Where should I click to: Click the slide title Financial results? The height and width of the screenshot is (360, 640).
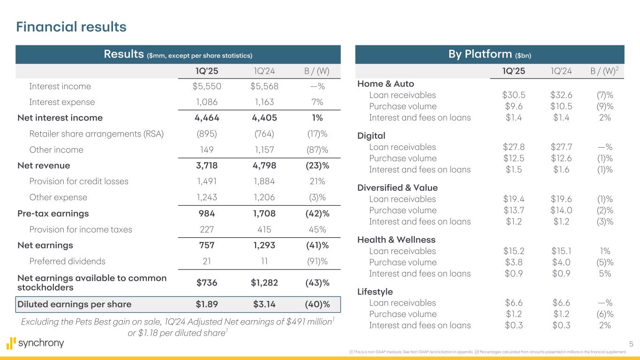71,27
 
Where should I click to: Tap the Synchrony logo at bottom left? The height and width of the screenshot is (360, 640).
36,343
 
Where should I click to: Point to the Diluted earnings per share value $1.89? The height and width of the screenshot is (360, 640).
207,304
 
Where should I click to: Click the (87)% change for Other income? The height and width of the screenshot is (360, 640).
316,150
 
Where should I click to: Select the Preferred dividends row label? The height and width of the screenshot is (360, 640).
67,261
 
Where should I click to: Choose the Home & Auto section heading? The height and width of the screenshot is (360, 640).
385,84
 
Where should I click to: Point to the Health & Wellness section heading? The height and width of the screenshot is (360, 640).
396,240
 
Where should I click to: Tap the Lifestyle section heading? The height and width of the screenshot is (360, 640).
375,292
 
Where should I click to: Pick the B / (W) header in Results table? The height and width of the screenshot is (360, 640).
316,71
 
